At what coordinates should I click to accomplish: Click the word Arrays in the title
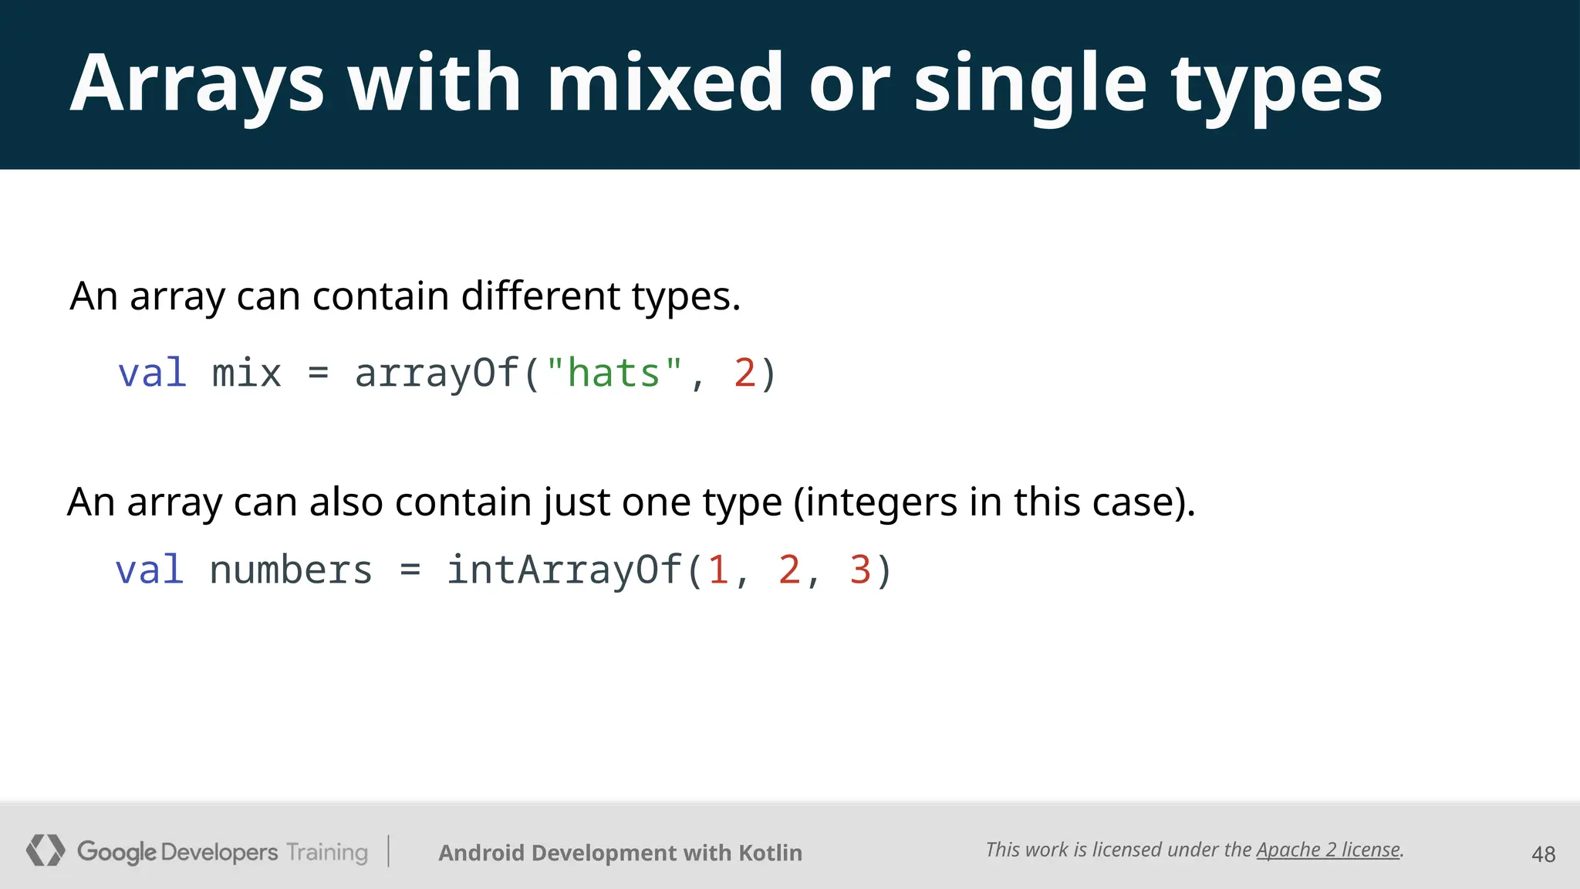point(197,83)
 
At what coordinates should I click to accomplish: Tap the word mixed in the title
point(665,83)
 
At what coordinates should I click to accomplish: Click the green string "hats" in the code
point(614,374)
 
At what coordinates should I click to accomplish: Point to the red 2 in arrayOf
point(744,374)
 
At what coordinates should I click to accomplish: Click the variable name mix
point(247,374)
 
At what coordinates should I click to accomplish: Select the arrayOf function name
point(437,374)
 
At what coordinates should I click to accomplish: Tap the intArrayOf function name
point(565,570)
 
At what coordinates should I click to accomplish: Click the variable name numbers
point(291,570)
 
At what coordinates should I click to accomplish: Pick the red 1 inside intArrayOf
point(718,570)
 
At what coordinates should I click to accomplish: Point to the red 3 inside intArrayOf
point(860,570)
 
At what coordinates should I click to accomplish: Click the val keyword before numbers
point(150,570)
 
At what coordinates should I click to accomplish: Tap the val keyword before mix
point(152,374)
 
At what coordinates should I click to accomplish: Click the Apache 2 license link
point(1328,850)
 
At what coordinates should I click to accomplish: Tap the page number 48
point(1543,854)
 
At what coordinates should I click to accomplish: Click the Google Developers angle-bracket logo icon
point(45,850)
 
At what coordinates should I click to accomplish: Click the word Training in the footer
point(327,852)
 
